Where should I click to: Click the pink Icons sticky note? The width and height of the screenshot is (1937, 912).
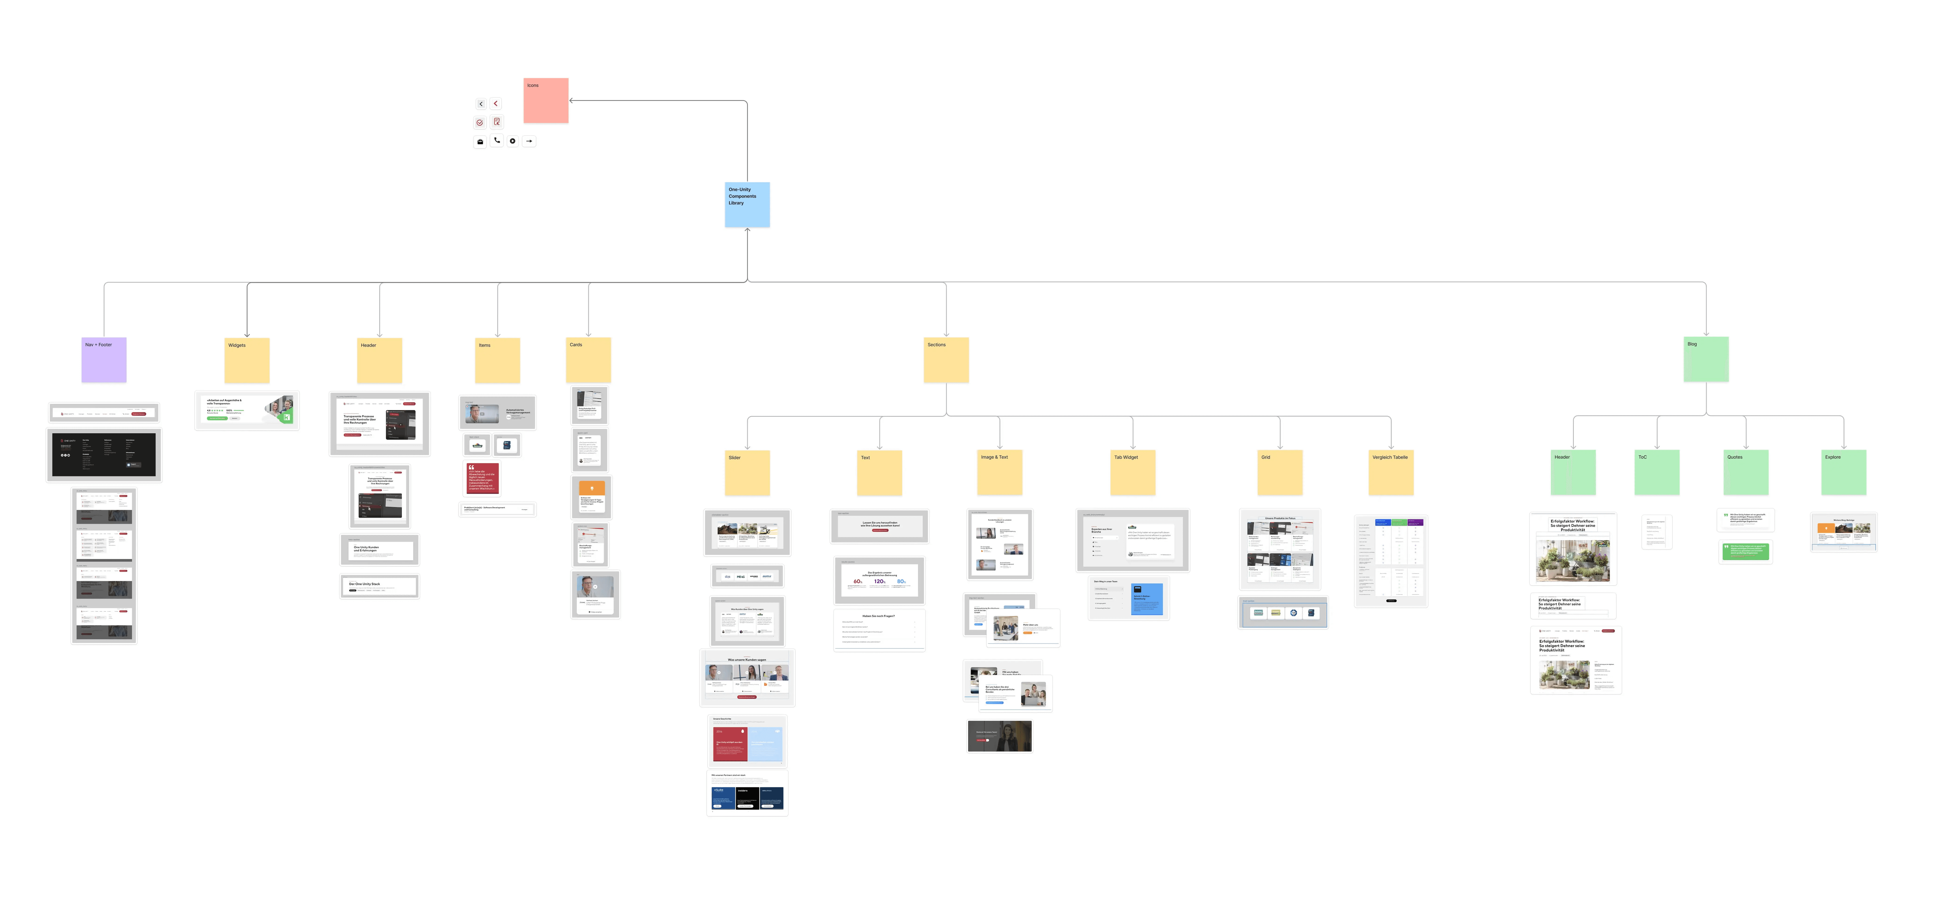click(x=546, y=101)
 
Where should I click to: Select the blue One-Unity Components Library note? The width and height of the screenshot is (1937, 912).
click(x=747, y=205)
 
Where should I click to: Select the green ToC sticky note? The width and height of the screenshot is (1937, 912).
click(x=1657, y=472)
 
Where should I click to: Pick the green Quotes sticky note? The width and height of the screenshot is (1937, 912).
click(x=1745, y=472)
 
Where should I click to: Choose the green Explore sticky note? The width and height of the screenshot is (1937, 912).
click(x=1843, y=472)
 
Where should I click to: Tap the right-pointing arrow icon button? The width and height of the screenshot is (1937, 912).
click(x=529, y=141)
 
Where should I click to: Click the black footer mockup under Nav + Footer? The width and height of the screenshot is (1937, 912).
click(x=104, y=455)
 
